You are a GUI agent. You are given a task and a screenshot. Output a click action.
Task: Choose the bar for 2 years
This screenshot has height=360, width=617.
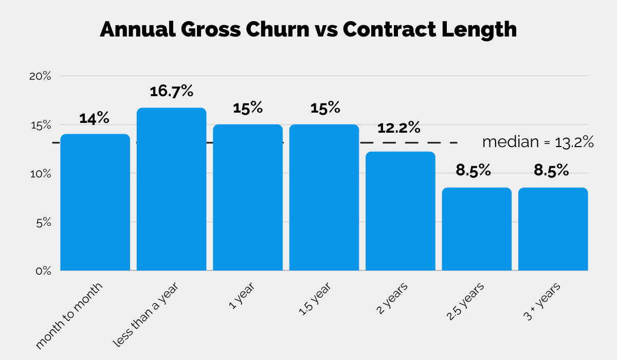click(x=401, y=211)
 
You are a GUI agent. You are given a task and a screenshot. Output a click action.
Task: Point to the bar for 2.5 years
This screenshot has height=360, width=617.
click(x=477, y=229)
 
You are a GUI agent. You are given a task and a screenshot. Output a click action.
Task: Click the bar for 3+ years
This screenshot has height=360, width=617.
click(x=553, y=229)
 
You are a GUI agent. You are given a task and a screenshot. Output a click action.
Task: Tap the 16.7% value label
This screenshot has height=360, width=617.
click(x=171, y=92)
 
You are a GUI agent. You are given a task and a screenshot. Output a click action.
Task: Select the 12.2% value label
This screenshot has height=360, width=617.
click(x=399, y=128)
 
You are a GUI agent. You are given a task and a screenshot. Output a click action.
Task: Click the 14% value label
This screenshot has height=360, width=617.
click(x=94, y=118)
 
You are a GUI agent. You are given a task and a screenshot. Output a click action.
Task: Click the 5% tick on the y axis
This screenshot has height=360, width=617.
click(x=43, y=223)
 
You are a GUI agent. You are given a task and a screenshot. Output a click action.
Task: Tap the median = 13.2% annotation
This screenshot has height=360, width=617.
click(x=538, y=142)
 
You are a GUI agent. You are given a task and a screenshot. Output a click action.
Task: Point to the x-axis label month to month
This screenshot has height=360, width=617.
click(x=70, y=315)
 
